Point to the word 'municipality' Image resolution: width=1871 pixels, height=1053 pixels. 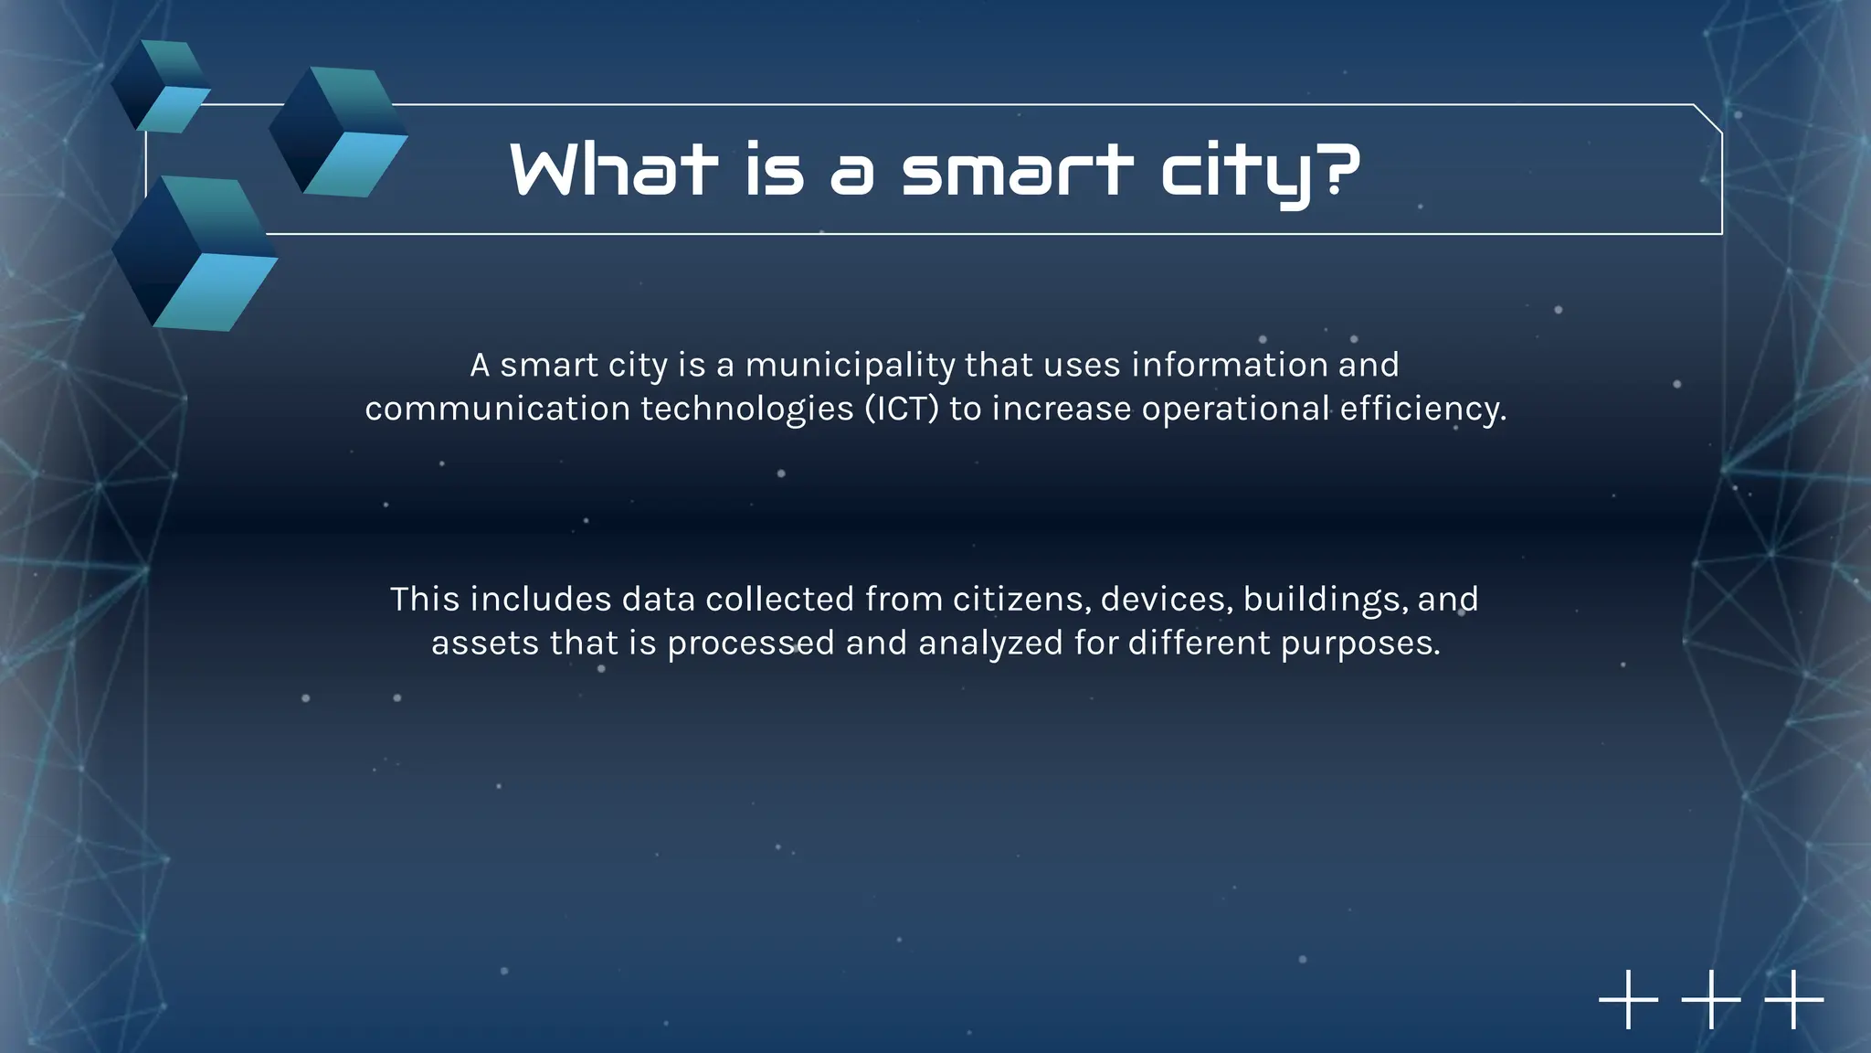850,366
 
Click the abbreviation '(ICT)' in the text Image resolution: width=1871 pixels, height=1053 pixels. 903,409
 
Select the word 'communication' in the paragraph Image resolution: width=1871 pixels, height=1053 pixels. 497,409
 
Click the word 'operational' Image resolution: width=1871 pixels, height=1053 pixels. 1235,409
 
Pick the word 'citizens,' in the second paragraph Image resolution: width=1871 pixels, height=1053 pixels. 1021,600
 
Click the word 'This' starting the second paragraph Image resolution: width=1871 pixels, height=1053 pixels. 425,600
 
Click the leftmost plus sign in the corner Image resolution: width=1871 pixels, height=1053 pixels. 1628,999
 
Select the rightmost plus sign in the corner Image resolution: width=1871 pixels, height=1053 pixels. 1794,999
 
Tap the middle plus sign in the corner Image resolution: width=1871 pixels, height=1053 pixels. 1711,999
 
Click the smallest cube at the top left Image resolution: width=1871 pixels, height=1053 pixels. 161,86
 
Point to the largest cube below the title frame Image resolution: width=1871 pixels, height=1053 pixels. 195,253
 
